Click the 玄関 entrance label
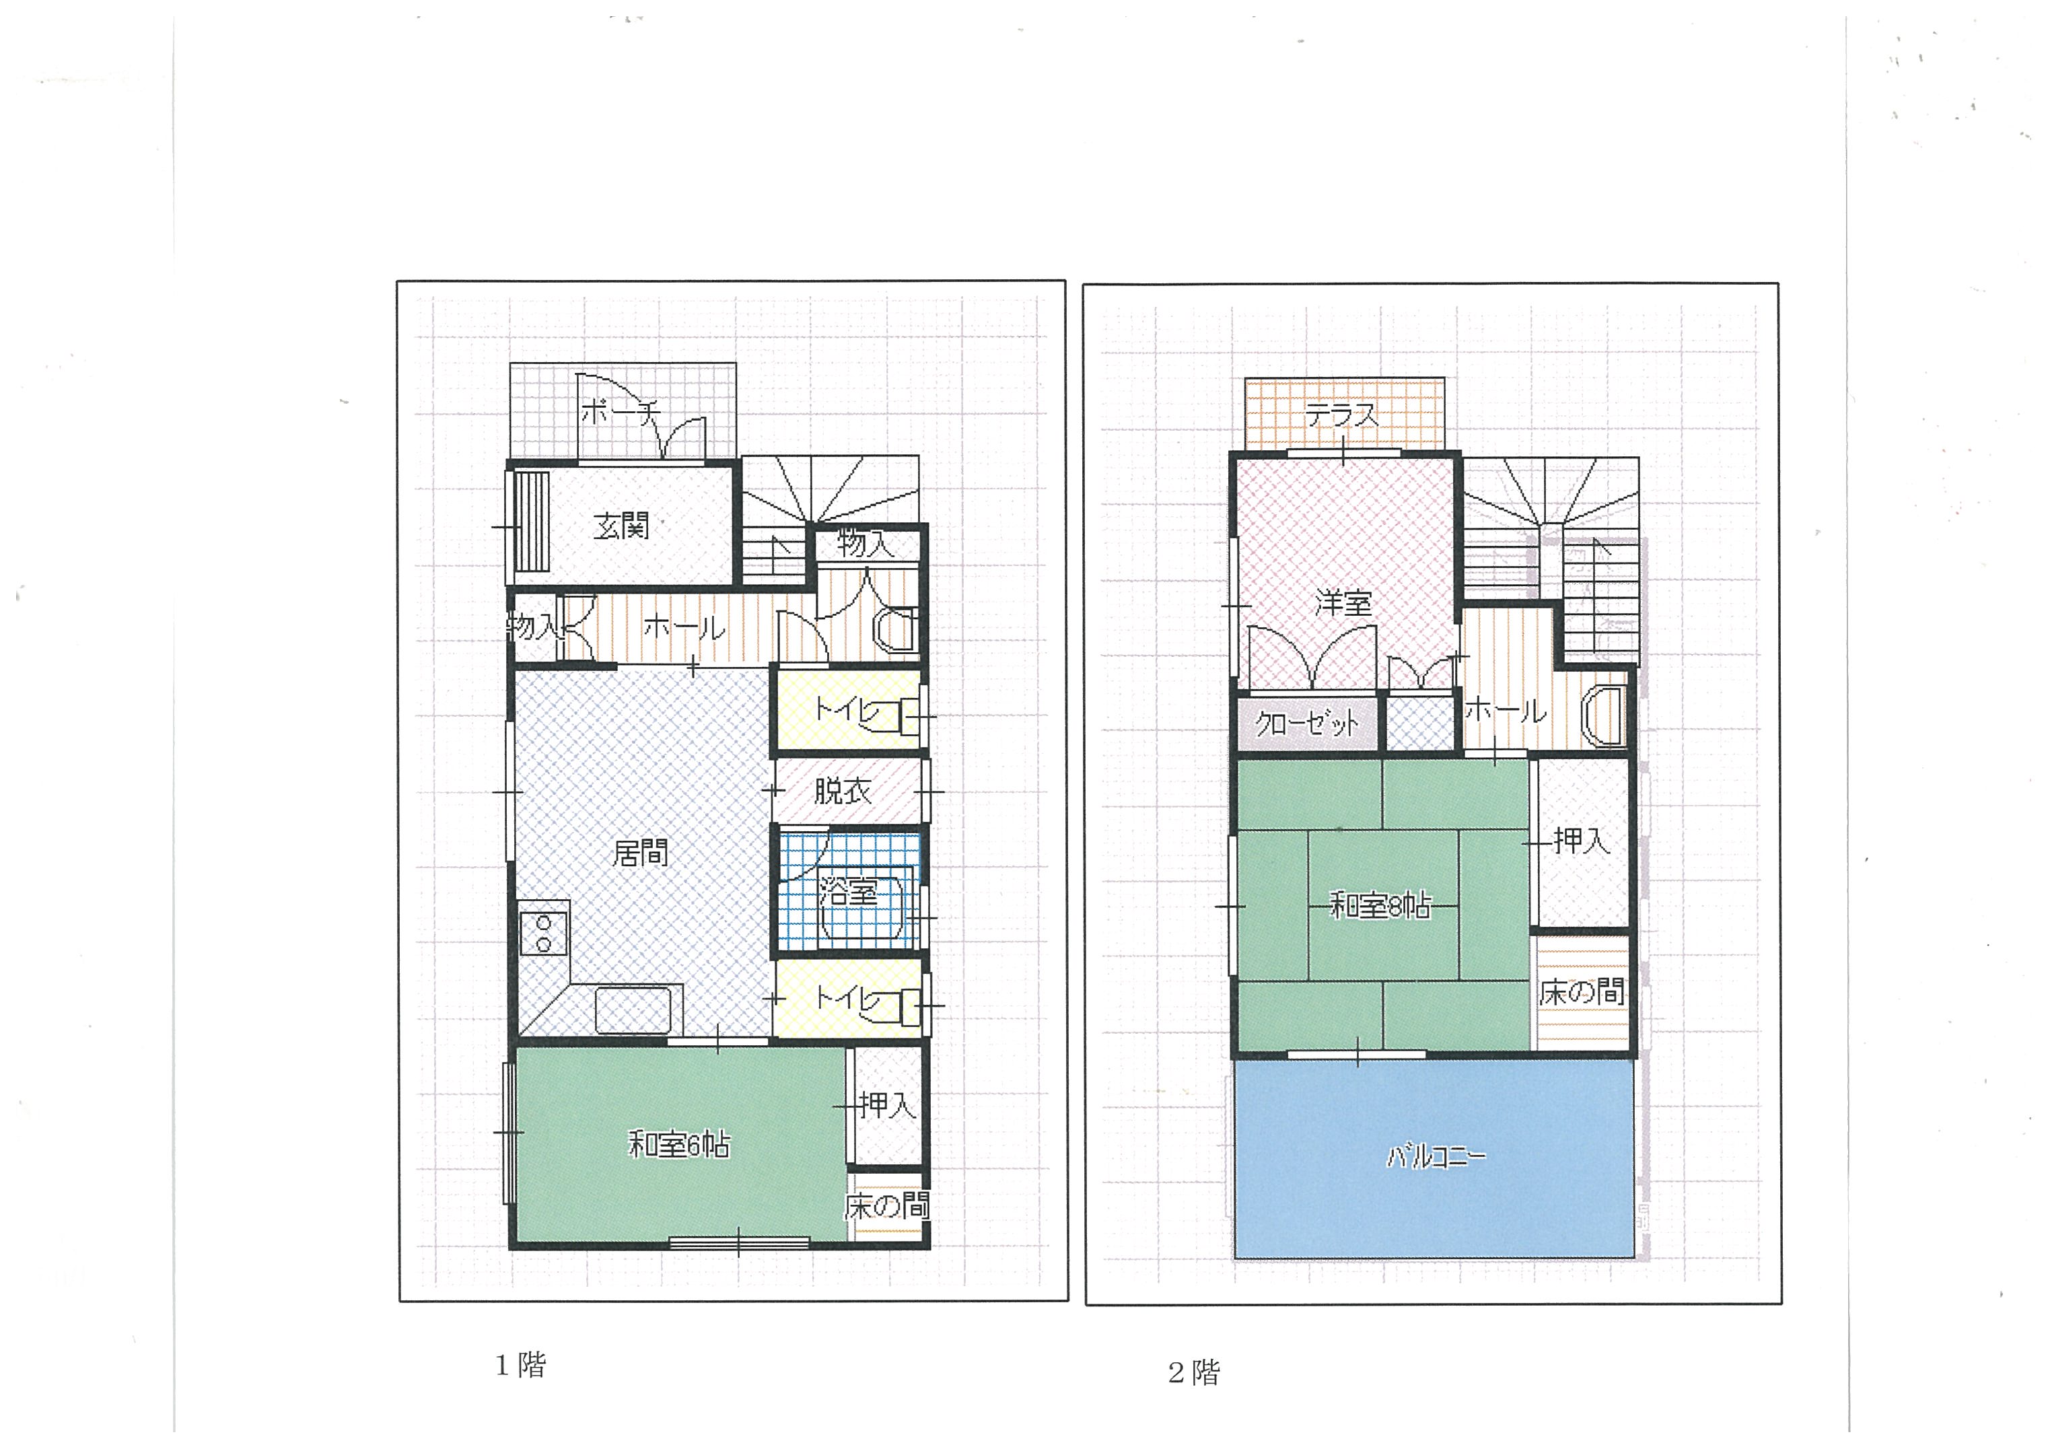tap(621, 526)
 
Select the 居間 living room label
tap(640, 853)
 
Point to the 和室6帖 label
tap(679, 1143)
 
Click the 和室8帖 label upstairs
tap(1380, 905)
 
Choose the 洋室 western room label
tap(1343, 603)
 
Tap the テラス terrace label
tap(1341, 415)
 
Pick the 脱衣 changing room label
tap(842, 790)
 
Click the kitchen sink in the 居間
tap(633, 1010)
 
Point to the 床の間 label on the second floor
tap(1582, 991)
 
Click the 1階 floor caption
tap(522, 1365)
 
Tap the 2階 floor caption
tap(1194, 1372)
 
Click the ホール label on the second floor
tap(1506, 710)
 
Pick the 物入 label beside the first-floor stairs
tap(866, 542)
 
